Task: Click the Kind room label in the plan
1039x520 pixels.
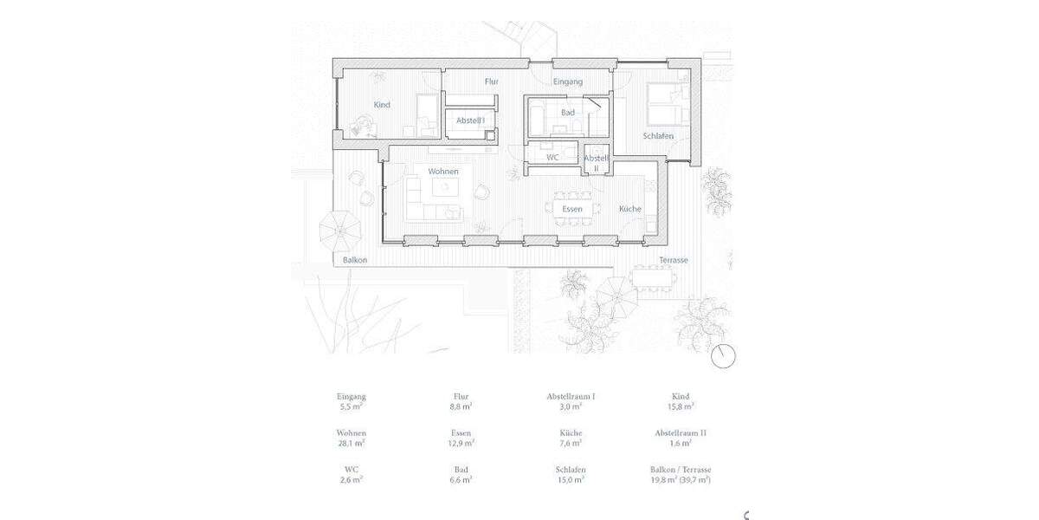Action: pyautogui.click(x=382, y=105)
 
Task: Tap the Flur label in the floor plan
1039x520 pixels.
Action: pyautogui.click(x=491, y=81)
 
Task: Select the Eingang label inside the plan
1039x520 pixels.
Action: pyautogui.click(x=568, y=81)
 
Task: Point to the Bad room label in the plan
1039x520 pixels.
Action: pyautogui.click(x=568, y=113)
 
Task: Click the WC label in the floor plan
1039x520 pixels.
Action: pyautogui.click(x=552, y=158)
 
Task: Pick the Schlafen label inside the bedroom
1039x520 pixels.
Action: pyautogui.click(x=658, y=137)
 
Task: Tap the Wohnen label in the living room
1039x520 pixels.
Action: pyautogui.click(x=443, y=172)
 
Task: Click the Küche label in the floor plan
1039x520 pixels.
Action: pyautogui.click(x=629, y=209)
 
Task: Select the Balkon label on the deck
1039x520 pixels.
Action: pyautogui.click(x=355, y=260)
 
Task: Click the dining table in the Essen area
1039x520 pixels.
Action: pyautogui.click(x=571, y=209)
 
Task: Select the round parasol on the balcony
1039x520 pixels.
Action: pyautogui.click(x=339, y=230)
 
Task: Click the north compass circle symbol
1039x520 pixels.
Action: pyautogui.click(x=723, y=355)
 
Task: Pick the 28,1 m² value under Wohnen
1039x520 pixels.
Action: pyautogui.click(x=351, y=443)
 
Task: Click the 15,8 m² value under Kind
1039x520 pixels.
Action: pyautogui.click(x=683, y=406)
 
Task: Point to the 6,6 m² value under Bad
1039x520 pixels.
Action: pyautogui.click(x=461, y=479)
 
